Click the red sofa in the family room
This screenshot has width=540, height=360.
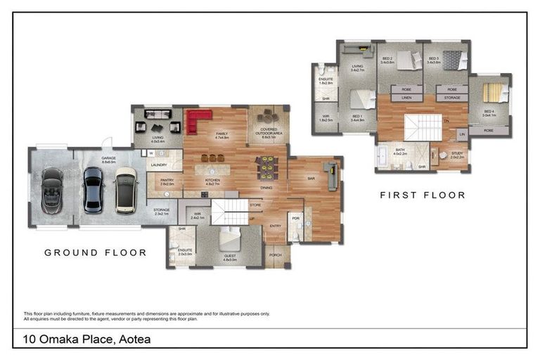click(198, 120)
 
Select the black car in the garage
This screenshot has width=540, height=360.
click(93, 189)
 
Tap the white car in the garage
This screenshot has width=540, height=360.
click(126, 190)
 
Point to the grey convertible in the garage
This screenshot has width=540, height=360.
click(52, 191)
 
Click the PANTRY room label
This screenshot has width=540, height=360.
click(167, 182)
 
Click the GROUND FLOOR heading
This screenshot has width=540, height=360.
click(96, 252)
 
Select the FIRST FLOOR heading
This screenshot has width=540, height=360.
click(423, 195)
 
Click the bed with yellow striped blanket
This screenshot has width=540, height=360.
click(493, 93)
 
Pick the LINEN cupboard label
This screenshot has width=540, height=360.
click(406, 98)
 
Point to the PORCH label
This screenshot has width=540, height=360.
click(275, 255)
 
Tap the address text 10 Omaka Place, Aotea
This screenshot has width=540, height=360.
click(86, 340)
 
